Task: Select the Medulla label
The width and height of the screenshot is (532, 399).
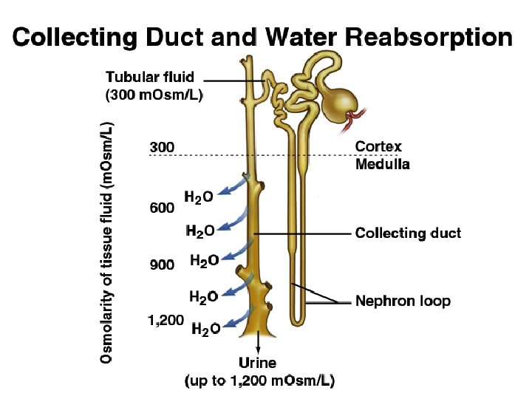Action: coord(382,164)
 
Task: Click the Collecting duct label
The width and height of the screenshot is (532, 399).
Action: coord(408,233)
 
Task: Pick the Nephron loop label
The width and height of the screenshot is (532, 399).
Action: coord(403,301)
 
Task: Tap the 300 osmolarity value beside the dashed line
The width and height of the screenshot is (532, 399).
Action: coord(163,147)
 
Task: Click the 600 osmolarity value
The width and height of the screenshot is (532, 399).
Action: coord(163,208)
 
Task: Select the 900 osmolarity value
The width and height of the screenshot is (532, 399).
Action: coord(163,265)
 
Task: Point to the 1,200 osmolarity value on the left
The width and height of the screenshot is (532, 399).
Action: coord(166,321)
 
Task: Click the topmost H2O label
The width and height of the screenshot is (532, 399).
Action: coord(199,197)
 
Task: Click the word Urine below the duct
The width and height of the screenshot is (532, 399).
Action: coord(258,363)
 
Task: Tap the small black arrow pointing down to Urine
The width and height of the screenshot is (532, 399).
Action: coord(258,346)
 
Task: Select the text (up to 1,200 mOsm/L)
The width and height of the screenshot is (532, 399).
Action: coord(259,381)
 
